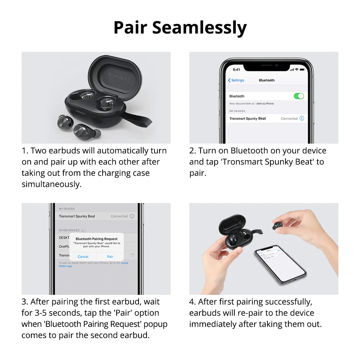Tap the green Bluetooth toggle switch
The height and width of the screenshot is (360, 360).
coord(299,96)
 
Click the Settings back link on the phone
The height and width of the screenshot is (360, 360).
coord(236,80)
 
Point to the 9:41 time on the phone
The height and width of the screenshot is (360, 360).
coord(237,69)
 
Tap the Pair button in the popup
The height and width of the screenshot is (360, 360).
coord(110,257)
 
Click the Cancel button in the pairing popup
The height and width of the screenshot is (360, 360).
coord(83,257)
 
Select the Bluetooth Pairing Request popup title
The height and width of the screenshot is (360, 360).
coord(96,239)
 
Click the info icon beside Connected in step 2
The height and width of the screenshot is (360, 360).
coord(302,118)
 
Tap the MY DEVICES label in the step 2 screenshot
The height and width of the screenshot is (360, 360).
coord(237,111)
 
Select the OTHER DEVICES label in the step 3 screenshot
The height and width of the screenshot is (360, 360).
coord(69,230)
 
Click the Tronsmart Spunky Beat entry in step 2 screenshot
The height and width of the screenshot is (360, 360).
coord(248,118)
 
